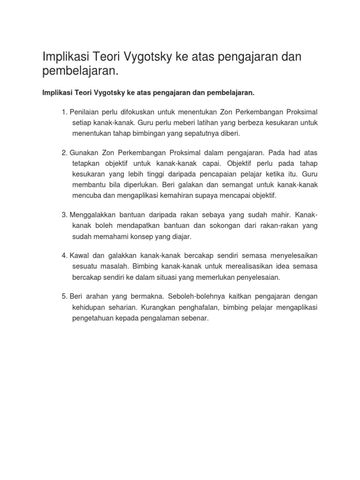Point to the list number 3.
64,215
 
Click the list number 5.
64,296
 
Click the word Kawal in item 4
79,255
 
